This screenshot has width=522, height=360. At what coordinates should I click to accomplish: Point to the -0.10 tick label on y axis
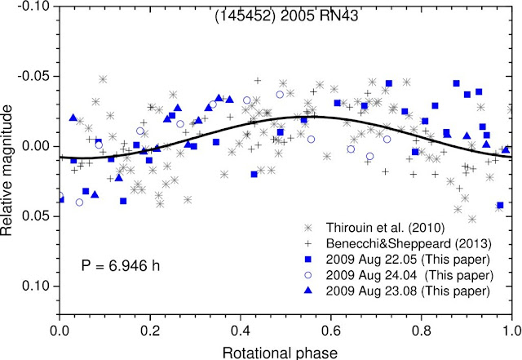tap(33, 7)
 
